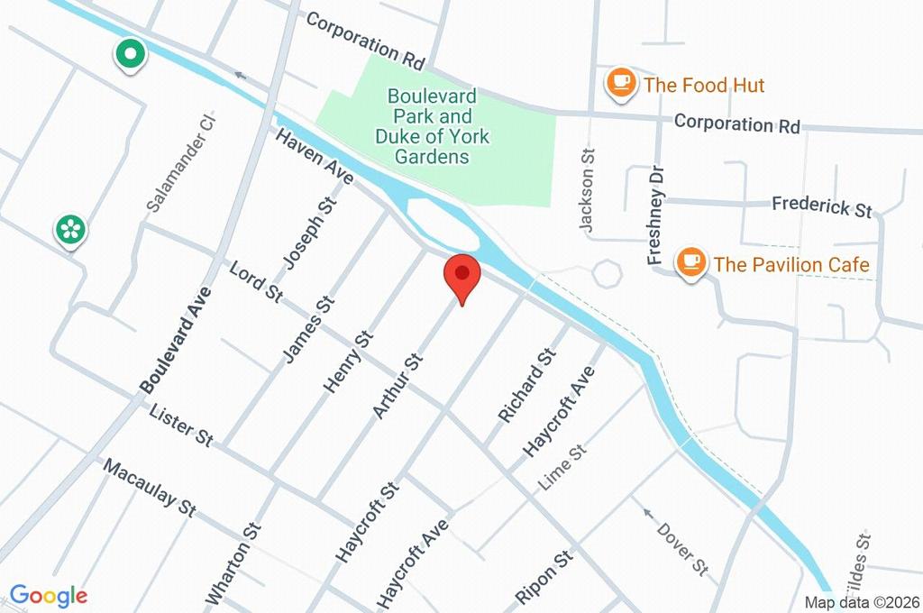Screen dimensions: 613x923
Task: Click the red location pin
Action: point(462,275)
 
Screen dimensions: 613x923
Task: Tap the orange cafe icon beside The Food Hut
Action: point(620,84)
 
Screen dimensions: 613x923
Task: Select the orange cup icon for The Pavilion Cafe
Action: point(691,263)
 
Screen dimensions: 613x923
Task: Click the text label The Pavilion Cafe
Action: point(791,265)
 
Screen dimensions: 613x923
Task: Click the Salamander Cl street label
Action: point(183,163)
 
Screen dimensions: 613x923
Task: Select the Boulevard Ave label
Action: point(177,339)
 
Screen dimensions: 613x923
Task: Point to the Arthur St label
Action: point(398,386)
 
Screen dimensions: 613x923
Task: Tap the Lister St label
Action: point(181,425)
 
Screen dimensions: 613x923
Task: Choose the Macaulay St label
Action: point(150,487)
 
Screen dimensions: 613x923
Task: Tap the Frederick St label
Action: point(821,206)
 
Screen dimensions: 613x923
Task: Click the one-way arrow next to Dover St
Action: point(646,514)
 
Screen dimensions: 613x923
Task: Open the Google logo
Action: point(48,596)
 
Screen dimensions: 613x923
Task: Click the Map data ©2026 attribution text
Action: point(860,602)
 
